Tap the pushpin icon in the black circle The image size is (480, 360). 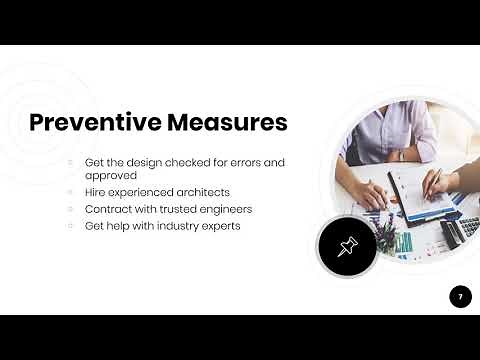pos(346,246)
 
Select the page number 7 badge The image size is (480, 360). pos(460,296)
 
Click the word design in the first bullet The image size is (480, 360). pos(149,162)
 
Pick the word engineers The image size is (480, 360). pos(223,209)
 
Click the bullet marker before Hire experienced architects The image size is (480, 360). pos(70,192)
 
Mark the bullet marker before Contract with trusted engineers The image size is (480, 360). pos(70,209)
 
